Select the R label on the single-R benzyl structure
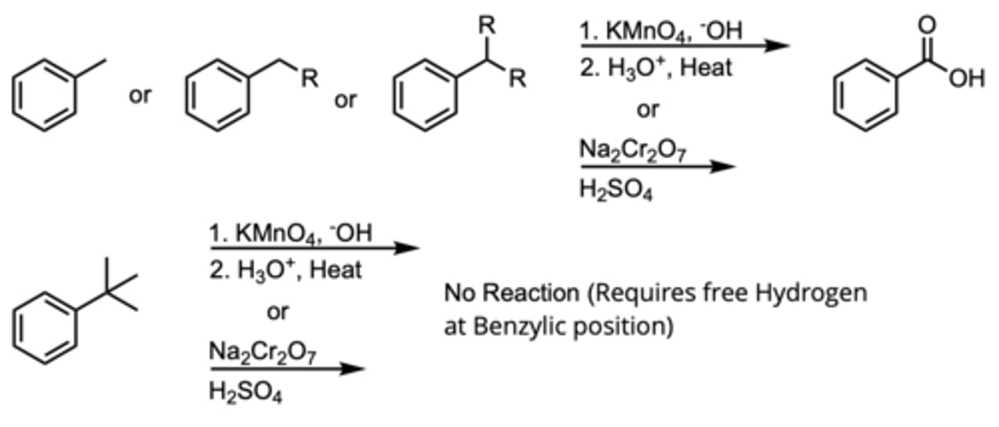tap(309, 79)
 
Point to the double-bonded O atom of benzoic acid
tap(928, 26)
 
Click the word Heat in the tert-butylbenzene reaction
tap(335, 269)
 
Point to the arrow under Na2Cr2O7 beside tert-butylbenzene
tap(285, 369)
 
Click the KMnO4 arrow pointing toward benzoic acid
tap(684, 46)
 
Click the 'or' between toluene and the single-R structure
tap(139, 96)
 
